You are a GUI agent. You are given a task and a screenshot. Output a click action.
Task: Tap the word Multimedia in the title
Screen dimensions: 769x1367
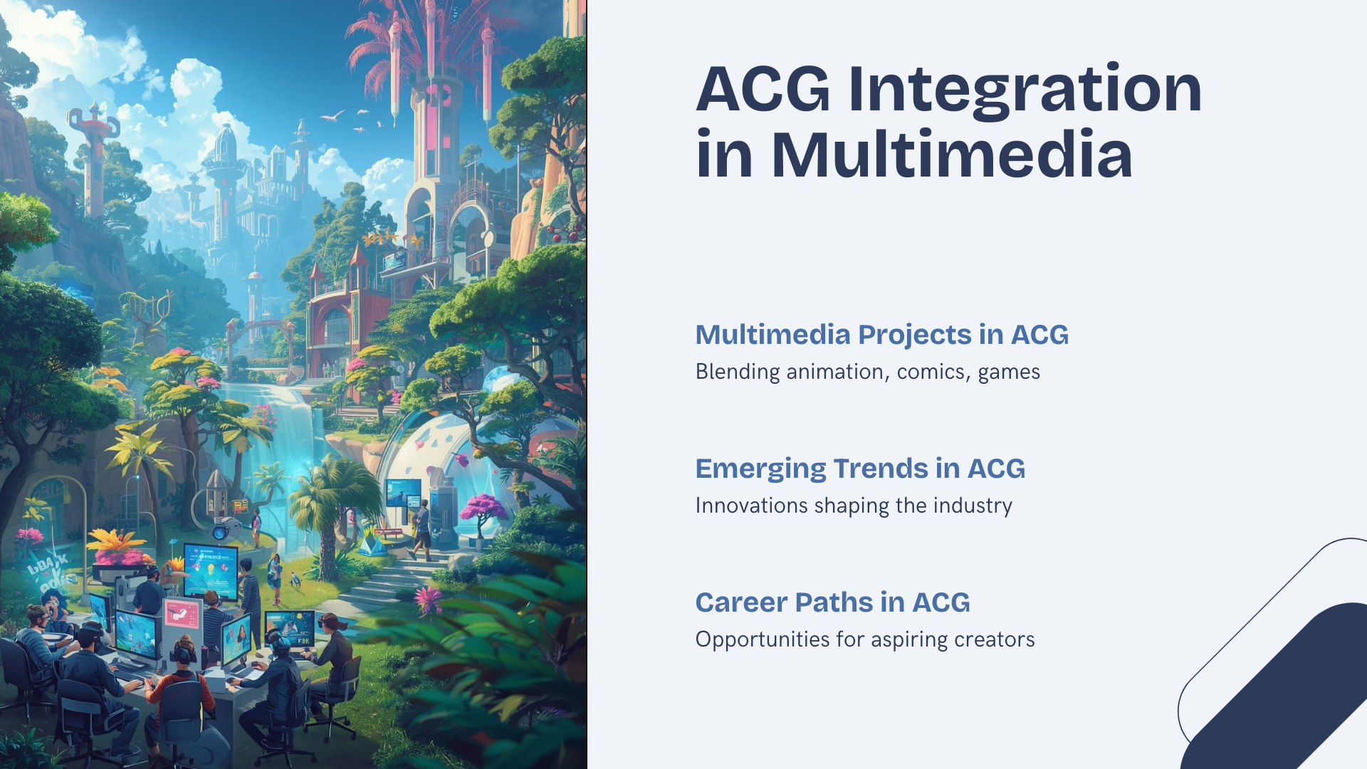[x=951, y=155]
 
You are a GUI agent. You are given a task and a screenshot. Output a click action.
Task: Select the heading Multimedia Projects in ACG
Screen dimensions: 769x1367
[x=881, y=335]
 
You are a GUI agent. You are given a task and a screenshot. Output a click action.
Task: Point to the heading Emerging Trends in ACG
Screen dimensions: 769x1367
[x=860, y=469]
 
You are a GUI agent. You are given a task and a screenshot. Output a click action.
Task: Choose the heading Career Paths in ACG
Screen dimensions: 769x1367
[x=832, y=602]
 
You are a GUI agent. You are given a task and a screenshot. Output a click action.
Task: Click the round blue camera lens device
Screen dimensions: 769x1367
[x=221, y=531]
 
